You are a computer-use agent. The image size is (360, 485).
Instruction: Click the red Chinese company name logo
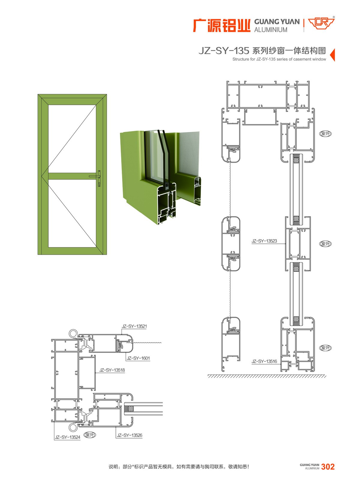(221, 25)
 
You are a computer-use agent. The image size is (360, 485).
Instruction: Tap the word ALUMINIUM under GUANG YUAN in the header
(271, 30)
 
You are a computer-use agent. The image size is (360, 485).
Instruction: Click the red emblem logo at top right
(321, 23)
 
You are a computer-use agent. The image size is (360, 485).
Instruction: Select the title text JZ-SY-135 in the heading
(224, 51)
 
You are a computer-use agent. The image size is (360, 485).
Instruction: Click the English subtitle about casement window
(279, 59)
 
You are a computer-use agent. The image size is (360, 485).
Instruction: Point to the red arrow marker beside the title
(332, 55)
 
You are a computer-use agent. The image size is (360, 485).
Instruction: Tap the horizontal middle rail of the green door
(72, 176)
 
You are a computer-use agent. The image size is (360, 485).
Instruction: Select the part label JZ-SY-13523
(264, 241)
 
